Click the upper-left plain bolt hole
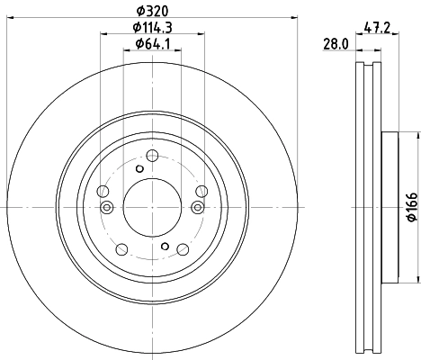pyautogui.click(x=101, y=191)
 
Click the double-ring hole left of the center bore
pyautogui.click(x=107, y=208)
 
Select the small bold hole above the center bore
pyautogui.click(x=139, y=168)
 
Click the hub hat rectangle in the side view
pyautogui.click(x=389, y=207)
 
